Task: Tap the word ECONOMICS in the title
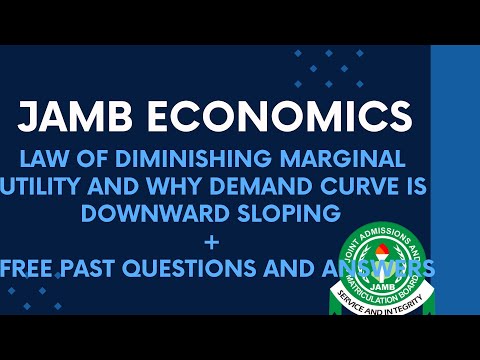coord(281,117)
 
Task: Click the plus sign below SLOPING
coord(239,240)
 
